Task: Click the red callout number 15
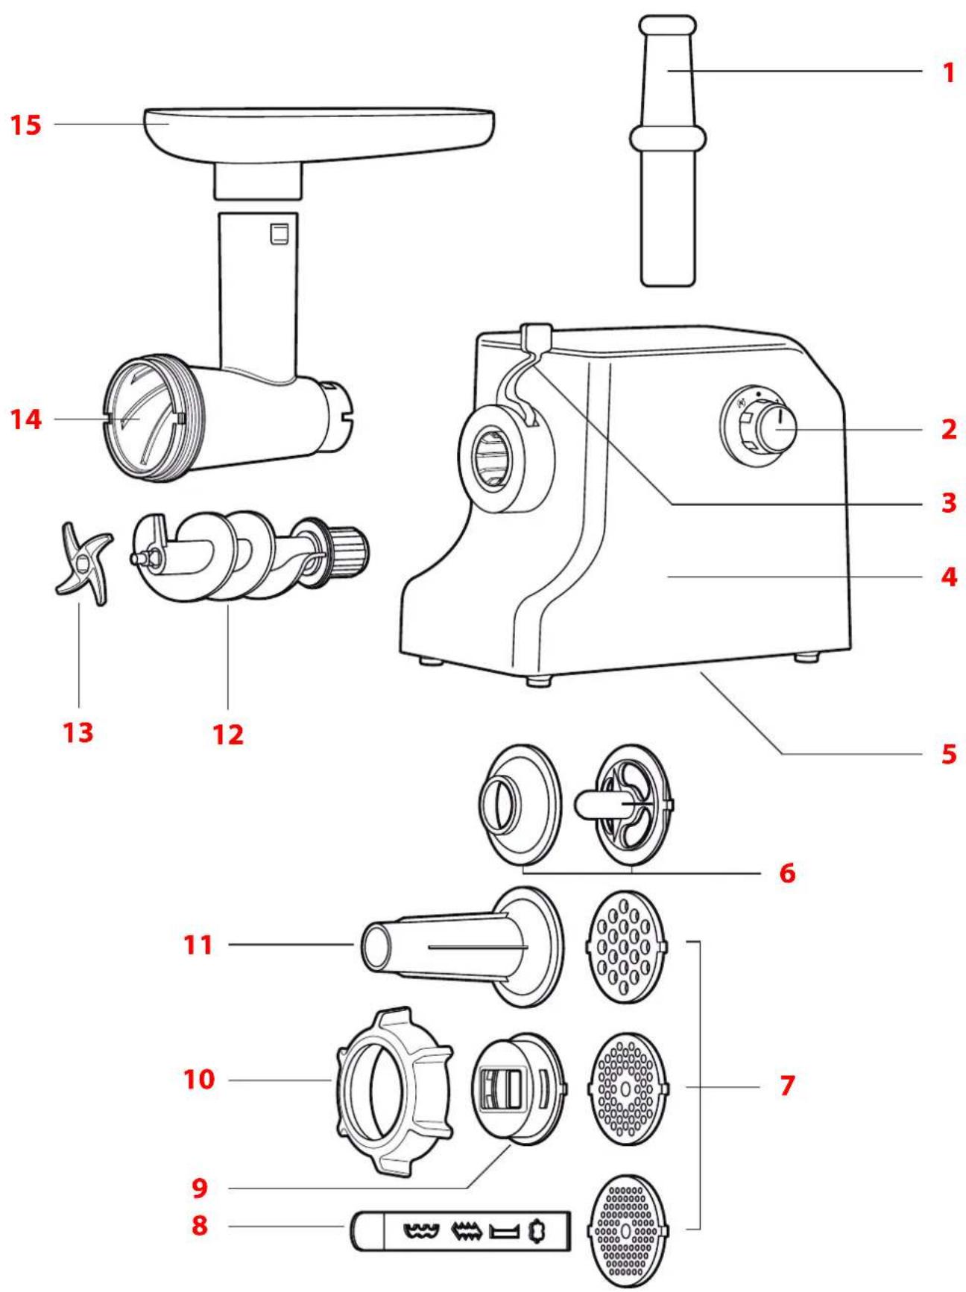(x=25, y=124)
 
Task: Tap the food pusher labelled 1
(x=669, y=149)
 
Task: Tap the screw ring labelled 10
(x=394, y=1092)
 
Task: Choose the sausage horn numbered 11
(x=447, y=946)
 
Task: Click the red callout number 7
(x=787, y=1086)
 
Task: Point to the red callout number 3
(x=948, y=503)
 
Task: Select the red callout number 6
(x=787, y=873)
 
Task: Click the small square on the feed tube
(x=280, y=233)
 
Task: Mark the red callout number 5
(x=948, y=754)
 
